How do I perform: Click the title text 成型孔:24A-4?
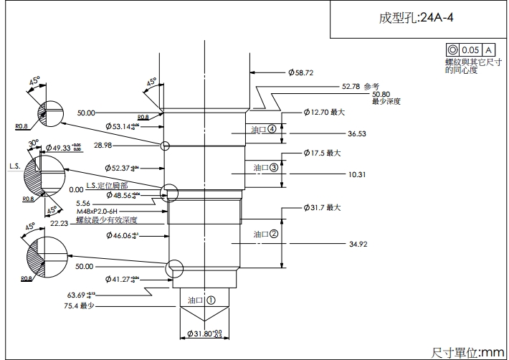coord(417,18)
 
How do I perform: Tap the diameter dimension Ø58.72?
coord(301,72)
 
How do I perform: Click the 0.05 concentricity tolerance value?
coord(470,50)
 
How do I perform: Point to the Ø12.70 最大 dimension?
coord(323,113)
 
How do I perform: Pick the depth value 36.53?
coord(357,133)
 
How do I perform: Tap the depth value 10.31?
coord(357,174)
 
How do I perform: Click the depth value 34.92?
coord(358,245)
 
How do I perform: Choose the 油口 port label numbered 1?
coord(201,300)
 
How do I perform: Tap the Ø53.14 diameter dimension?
coord(120,126)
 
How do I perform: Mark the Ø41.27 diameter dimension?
coord(120,278)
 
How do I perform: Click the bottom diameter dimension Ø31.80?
coord(204,334)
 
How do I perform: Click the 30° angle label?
coord(32,143)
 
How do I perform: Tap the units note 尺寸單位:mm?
coord(468,351)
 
